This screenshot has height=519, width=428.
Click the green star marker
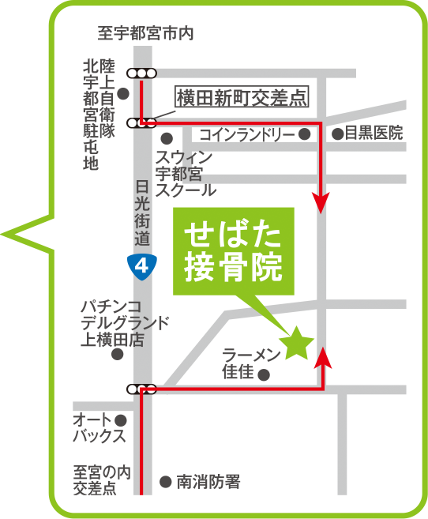click(298, 343)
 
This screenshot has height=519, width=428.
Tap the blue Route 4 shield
click(142, 266)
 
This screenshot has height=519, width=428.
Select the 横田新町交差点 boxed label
click(241, 99)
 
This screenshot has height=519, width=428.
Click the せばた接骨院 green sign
click(233, 251)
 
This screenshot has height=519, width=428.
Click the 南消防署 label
click(208, 480)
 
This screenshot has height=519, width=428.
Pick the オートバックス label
click(99, 427)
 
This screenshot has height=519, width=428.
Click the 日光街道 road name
click(142, 212)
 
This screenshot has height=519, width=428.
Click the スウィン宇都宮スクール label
click(185, 173)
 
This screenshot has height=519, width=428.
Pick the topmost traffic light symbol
click(143, 73)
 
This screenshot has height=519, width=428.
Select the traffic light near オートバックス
click(142, 389)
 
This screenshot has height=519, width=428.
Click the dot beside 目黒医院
click(337, 134)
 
